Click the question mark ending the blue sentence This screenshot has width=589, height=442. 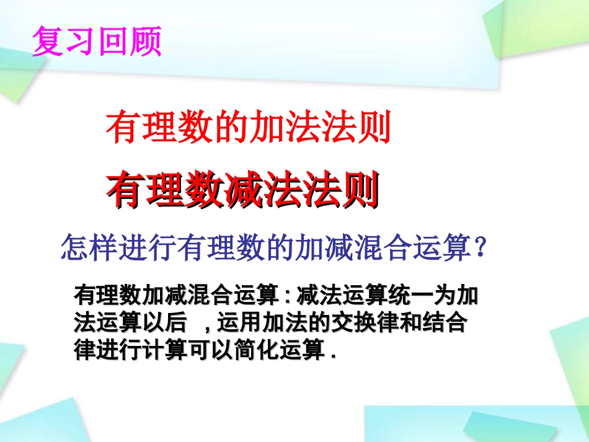tap(478, 248)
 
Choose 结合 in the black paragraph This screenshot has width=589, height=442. tap(448, 324)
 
